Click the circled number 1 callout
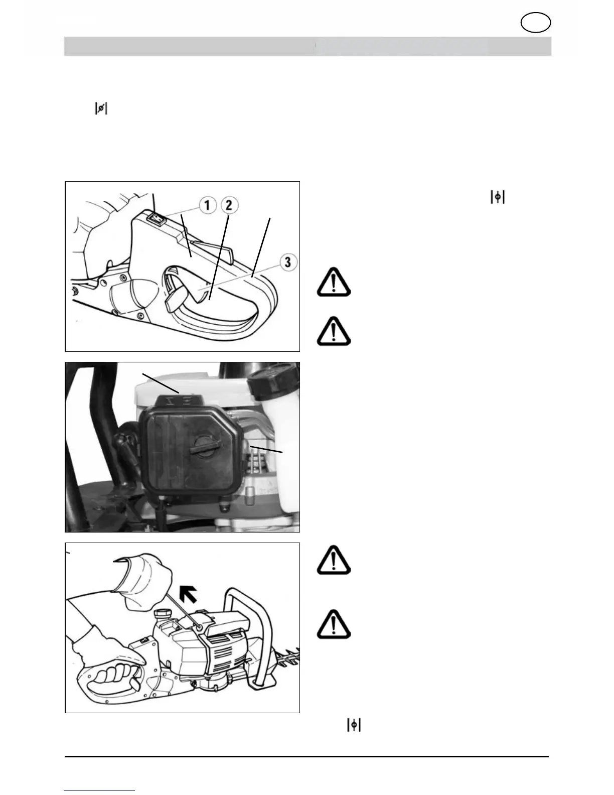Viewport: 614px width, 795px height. point(207,205)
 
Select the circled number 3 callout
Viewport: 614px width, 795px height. point(287,261)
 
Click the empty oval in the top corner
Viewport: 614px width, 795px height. point(536,23)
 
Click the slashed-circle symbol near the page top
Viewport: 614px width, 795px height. point(101,108)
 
